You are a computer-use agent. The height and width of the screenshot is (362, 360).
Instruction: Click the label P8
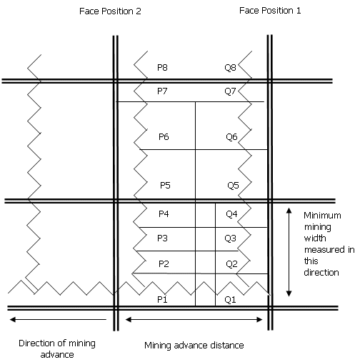coord(162,68)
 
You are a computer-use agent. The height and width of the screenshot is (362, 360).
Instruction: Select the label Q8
coord(230,68)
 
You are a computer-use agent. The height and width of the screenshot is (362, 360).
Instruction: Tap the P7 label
coord(162,91)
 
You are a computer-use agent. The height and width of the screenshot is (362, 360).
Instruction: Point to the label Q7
coord(230,91)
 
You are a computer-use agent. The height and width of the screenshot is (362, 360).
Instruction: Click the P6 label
coord(164,137)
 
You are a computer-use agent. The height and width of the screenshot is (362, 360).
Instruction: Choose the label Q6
coord(231,137)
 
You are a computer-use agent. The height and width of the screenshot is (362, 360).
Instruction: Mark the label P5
coord(165,185)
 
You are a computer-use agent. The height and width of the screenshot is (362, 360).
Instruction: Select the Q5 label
coord(233,186)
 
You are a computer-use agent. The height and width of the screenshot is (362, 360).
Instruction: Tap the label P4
coord(164,214)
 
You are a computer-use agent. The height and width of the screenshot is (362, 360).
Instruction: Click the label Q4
coord(231,214)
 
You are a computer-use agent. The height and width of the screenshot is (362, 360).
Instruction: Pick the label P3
coord(162,238)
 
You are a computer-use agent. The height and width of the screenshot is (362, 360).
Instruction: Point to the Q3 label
coord(230,238)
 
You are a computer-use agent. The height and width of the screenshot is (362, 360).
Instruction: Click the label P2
coord(164,264)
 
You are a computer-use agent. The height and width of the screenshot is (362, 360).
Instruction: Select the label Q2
coord(231,264)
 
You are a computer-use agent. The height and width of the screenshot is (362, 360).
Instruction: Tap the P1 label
coord(162,299)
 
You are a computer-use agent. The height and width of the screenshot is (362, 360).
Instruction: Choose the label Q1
coord(230,300)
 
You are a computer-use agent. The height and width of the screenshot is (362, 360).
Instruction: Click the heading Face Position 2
coord(110,11)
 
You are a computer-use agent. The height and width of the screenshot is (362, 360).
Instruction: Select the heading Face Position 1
coord(270,11)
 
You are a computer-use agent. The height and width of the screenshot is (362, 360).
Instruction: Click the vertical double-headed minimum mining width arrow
coord(289,252)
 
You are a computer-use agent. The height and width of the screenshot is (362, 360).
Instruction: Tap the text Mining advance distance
coord(194,346)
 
